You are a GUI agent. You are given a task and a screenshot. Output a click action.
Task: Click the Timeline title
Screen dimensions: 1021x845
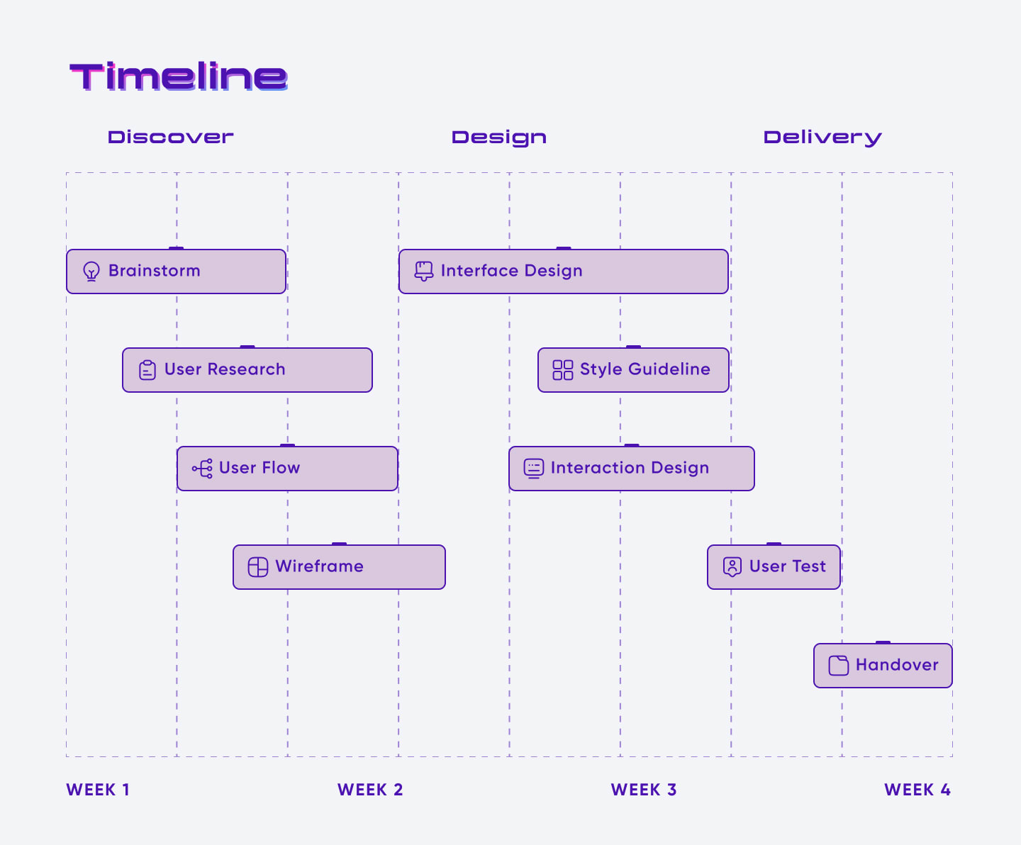click(179, 77)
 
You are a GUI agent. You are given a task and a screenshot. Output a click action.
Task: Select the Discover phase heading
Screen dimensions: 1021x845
click(171, 137)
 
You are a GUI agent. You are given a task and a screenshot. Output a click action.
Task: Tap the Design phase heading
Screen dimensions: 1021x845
click(498, 138)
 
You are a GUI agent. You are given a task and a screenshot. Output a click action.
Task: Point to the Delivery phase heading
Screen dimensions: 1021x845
click(822, 138)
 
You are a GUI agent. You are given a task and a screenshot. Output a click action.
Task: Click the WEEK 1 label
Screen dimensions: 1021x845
click(98, 790)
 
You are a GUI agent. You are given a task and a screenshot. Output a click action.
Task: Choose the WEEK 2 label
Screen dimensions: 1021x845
click(370, 790)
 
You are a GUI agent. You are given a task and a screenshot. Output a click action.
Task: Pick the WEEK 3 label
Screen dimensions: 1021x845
click(644, 790)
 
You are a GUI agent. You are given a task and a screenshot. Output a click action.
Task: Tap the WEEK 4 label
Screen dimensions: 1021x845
click(917, 790)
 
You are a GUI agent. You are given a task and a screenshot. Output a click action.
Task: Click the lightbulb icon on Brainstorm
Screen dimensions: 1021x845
click(91, 272)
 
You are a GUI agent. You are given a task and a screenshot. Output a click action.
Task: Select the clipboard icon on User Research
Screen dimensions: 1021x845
click(147, 370)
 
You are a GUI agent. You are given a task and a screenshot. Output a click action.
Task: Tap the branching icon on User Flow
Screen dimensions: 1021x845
click(202, 469)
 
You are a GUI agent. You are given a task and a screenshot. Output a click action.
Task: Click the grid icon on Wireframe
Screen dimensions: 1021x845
click(257, 567)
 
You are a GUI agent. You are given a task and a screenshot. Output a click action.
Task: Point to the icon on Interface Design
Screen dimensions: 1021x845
click(424, 272)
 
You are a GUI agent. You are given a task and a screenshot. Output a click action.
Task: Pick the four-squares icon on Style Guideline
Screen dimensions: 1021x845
click(563, 370)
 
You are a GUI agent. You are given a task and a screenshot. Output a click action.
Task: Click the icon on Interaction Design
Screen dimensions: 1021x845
click(533, 469)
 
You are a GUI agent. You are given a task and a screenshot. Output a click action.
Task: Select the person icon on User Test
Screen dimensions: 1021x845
click(732, 567)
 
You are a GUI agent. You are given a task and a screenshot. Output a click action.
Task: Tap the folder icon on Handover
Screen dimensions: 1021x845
click(839, 666)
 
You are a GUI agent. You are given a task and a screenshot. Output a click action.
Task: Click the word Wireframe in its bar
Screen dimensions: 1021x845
click(319, 566)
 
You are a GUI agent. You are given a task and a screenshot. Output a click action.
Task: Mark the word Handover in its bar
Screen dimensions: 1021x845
click(897, 665)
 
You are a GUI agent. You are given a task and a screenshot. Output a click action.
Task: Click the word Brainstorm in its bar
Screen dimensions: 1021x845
click(155, 270)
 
